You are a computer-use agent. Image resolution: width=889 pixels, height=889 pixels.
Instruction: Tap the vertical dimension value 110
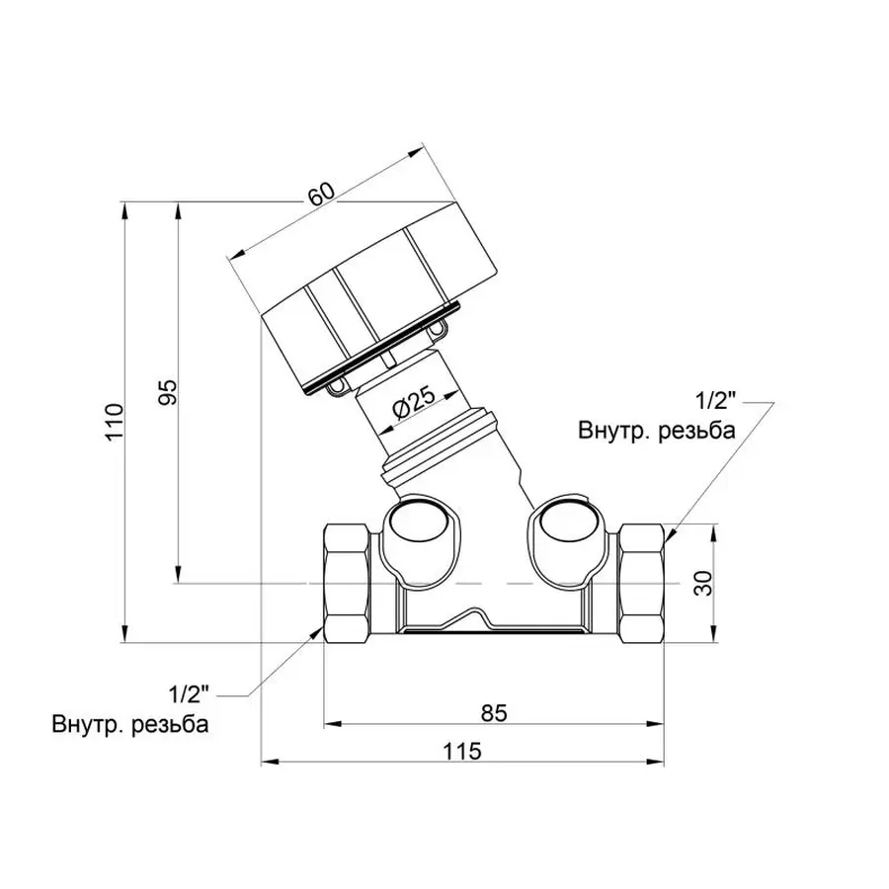click(118, 422)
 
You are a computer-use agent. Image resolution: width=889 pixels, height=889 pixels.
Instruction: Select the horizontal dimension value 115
click(461, 752)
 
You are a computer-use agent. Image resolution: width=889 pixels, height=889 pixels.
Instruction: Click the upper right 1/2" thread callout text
click(716, 401)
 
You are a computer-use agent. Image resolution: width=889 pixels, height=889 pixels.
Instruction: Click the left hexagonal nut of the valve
click(349, 584)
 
